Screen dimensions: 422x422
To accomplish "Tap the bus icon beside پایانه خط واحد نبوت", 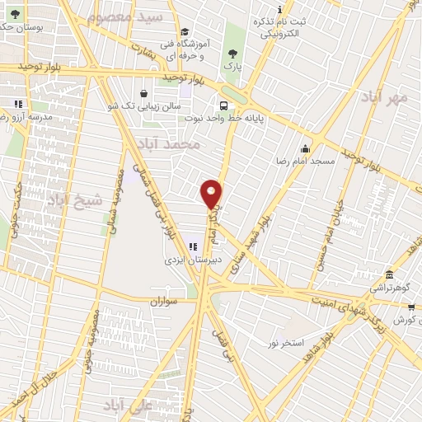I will (223, 105).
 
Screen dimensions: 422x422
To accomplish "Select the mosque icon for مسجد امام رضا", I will (306, 148).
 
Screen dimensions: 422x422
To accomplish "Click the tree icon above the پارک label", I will (232, 53).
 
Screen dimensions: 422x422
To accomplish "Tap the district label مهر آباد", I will (384, 98).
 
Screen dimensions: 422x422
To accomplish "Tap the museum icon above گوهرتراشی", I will (389, 275).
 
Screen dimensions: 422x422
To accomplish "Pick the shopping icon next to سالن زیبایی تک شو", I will (145, 93).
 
